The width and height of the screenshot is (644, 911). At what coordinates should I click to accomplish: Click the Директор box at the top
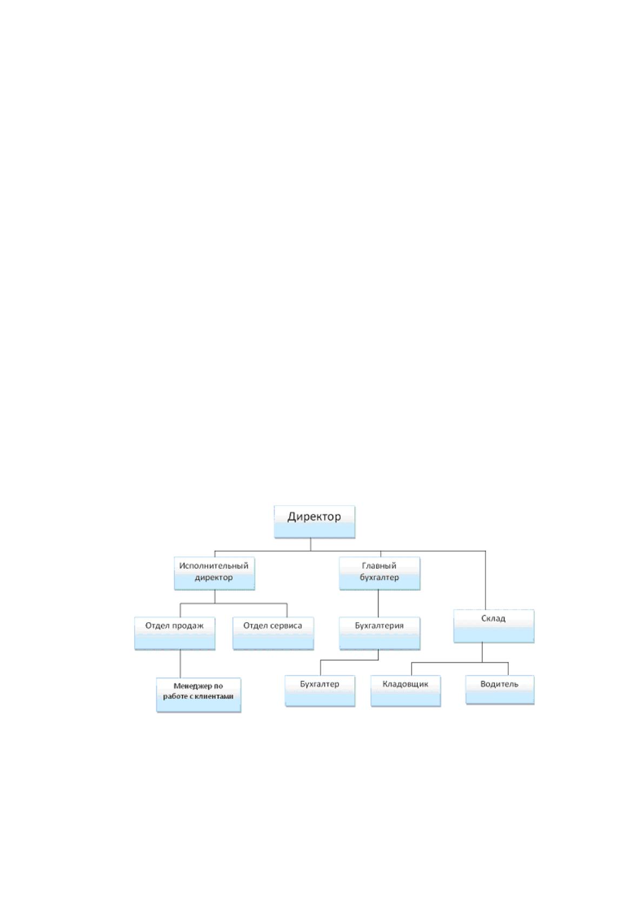(314, 521)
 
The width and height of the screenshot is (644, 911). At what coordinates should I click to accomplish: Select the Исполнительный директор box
(214, 573)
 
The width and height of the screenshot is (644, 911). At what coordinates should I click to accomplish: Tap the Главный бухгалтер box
(380, 573)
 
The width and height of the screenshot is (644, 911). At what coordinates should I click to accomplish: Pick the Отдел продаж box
(175, 633)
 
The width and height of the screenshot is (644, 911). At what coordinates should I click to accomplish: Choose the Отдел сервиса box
(273, 633)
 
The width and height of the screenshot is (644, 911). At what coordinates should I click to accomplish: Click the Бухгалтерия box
(380, 633)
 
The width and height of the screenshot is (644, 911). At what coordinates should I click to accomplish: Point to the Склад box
(494, 626)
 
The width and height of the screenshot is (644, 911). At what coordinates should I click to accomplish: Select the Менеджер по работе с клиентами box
(198, 695)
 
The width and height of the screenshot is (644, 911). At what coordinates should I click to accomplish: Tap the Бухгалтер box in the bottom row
(320, 691)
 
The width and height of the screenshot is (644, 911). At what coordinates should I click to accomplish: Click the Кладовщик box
(406, 691)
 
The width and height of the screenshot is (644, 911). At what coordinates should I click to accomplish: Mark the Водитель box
(500, 690)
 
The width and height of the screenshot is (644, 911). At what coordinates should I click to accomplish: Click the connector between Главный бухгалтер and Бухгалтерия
(378, 604)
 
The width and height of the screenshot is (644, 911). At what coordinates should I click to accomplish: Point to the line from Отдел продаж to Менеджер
(180, 664)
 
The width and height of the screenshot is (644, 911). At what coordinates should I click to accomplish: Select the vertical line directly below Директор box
(310, 544)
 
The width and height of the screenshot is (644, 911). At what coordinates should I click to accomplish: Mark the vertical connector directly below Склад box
(482, 652)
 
